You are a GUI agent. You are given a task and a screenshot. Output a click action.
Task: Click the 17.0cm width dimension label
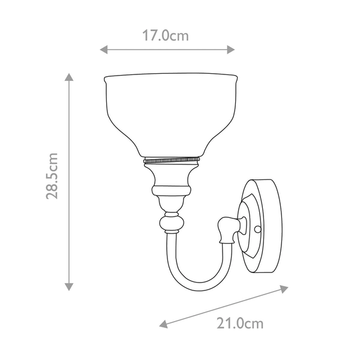[166, 35]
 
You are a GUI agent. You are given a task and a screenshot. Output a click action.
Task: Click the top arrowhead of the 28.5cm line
[70, 78]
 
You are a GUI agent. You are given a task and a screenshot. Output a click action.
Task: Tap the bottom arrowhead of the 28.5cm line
[70, 286]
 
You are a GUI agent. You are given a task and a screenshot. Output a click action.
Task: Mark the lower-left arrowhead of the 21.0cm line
[163, 325]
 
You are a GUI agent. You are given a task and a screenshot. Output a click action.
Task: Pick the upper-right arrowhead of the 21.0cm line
[284, 289]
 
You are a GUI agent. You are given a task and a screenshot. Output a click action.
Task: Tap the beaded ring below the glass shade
[171, 161]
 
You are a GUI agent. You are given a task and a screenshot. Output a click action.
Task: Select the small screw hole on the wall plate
[259, 229]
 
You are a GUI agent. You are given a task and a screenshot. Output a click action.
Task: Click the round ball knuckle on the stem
[171, 224]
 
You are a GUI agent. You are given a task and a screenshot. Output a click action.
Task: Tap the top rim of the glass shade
[171, 78]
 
